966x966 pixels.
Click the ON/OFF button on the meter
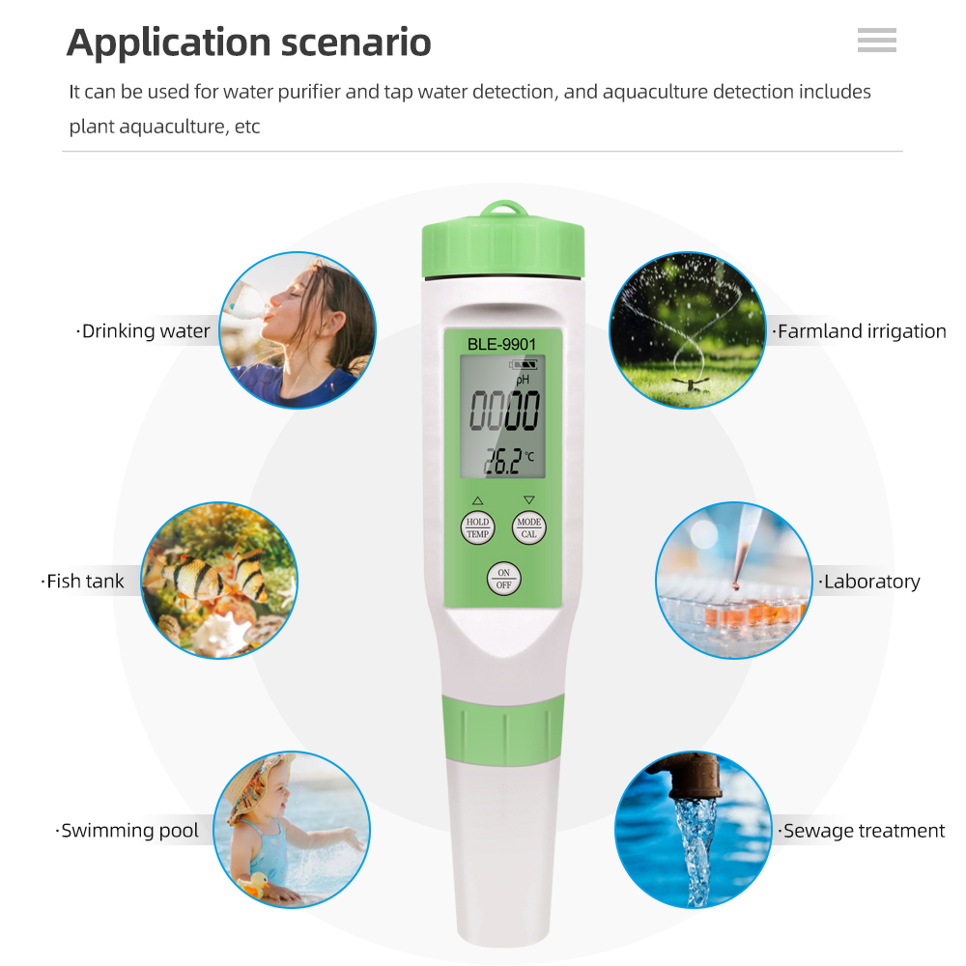(x=502, y=578)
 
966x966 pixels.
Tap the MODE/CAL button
(x=528, y=527)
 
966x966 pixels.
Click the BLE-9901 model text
(x=501, y=343)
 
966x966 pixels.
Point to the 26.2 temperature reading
(x=502, y=462)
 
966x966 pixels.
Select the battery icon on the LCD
(x=526, y=365)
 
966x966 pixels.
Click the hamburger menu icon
(x=876, y=40)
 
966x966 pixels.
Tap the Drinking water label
(x=145, y=331)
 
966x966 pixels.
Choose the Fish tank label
(x=85, y=582)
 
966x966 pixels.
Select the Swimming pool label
(x=128, y=831)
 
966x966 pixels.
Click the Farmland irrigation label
(x=861, y=331)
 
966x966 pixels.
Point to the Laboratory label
(x=870, y=582)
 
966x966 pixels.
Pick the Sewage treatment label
(x=863, y=831)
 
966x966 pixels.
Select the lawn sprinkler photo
(x=687, y=330)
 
